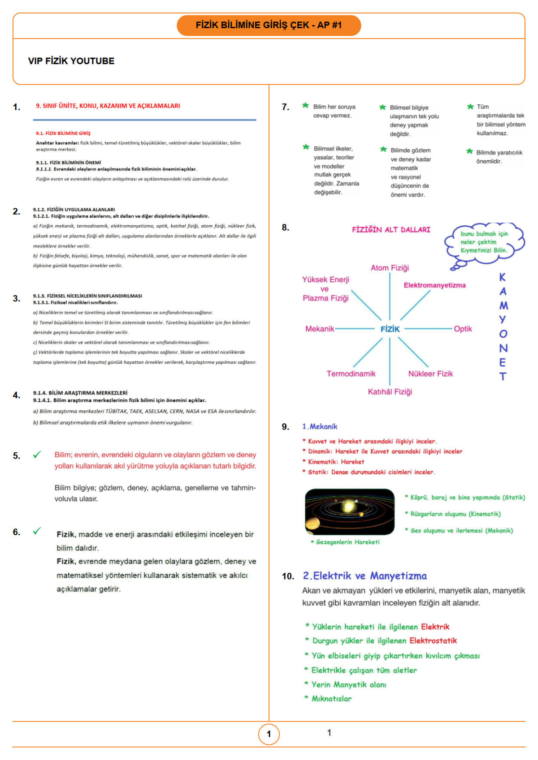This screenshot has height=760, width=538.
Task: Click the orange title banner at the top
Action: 269,25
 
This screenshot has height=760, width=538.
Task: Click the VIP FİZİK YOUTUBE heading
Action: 71,61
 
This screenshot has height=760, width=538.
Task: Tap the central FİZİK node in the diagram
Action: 390,329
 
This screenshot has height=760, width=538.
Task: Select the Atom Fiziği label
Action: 390,268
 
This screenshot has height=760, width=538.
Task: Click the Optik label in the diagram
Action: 463,329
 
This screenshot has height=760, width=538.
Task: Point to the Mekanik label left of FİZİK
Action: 320,329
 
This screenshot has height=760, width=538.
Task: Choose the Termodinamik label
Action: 351,374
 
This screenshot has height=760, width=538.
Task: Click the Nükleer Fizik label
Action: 430,374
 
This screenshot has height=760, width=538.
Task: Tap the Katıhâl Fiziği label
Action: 390,392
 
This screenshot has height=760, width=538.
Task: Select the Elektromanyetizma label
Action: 434,285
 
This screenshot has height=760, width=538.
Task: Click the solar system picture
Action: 349,511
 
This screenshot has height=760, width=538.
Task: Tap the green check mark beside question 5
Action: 37,455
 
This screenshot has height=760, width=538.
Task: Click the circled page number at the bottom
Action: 269,734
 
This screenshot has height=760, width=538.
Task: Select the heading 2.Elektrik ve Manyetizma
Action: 364,576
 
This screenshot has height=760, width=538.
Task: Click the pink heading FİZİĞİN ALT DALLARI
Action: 391,230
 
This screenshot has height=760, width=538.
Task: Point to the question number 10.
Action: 288,576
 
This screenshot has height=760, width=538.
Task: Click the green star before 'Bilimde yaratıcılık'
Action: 469,151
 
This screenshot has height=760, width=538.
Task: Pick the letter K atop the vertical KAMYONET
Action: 503,277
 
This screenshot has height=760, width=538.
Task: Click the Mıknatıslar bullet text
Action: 331,699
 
